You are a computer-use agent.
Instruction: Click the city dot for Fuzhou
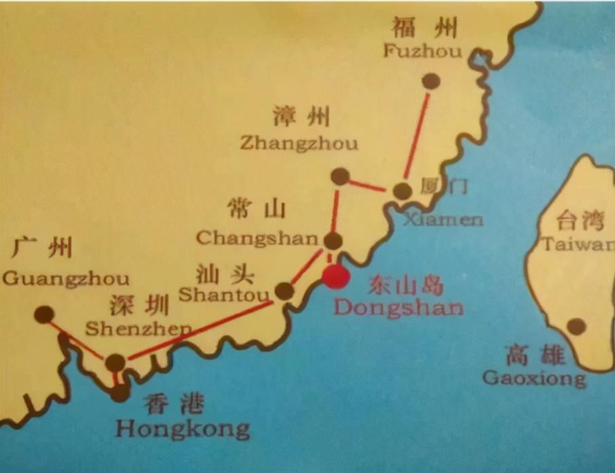[x=430, y=82]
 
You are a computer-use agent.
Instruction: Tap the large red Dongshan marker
[x=335, y=277]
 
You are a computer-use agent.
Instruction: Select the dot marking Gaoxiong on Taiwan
[x=576, y=327]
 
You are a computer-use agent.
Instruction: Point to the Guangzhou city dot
[x=44, y=314]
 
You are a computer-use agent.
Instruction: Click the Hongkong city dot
[x=120, y=393]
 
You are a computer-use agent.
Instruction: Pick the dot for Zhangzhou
[x=340, y=177]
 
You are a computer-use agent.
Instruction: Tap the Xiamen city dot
[x=403, y=191]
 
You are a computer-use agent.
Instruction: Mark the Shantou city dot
[x=284, y=291]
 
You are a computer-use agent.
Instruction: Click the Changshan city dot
[x=333, y=241]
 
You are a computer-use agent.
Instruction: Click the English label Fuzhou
[x=422, y=52]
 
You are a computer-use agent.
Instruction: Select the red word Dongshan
[x=398, y=308]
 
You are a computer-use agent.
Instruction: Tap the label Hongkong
[x=182, y=429]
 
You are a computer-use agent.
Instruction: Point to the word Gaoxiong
[x=534, y=378]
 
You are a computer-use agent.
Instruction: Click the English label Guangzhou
[x=66, y=279]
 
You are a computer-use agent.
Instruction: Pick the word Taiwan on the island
[x=577, y=245]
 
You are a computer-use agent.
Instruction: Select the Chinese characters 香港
[x=174, y=404]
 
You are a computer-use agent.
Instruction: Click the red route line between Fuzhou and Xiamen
[x=417, y=136]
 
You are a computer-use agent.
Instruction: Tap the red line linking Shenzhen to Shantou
[x=200, y=330]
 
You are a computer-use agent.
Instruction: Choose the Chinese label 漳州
[x=300, y=117]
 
